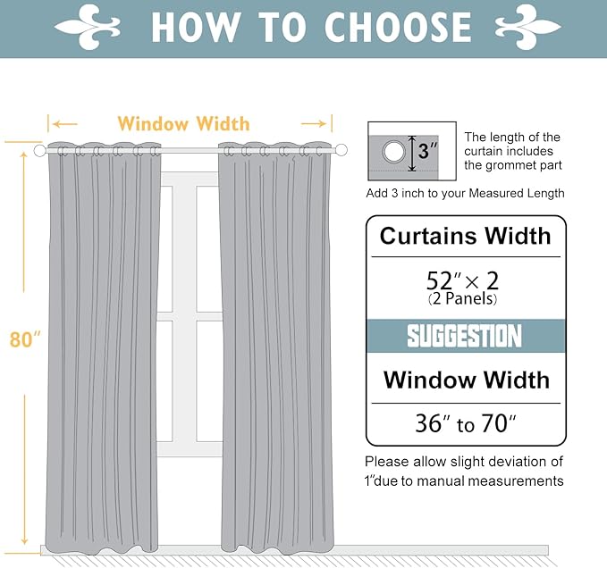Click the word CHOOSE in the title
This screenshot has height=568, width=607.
[397, 27]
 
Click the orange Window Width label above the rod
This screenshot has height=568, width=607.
[183, 123]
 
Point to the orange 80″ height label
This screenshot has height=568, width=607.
[25, 339]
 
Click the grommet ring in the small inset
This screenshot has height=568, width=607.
[393, 152]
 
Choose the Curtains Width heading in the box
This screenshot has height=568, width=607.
[465, 237]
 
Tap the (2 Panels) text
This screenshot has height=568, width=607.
[465, 299]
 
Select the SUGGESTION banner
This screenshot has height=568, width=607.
[465, 337]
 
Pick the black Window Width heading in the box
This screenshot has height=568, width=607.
[466, 380]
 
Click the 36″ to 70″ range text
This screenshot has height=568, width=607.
[465, 423]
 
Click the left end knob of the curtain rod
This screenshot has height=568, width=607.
[39, 151]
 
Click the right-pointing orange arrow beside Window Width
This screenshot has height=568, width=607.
[316, 123]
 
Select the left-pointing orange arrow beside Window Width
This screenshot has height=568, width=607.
[63, 123]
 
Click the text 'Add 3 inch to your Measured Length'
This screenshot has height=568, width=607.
[465, 193]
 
